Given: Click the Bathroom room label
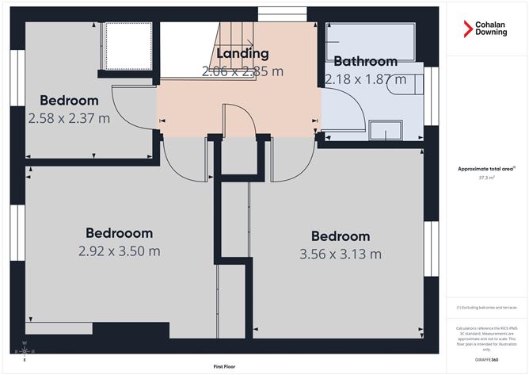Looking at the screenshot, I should click(x=365, y=61).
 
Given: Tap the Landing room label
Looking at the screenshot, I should click(x=242, y=54).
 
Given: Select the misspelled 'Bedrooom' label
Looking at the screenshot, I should click(x=120, y=233).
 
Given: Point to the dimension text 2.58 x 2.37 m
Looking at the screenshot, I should click(x=69, y=118).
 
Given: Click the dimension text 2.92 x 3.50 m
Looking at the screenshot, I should click(x=120, y=251).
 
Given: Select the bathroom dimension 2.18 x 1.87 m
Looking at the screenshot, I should click(x=365, y=78).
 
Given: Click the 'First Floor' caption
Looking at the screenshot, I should click(x=226, y=367).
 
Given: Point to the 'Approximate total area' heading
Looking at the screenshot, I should click(x=487, y=169).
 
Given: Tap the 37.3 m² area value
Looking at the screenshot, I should click(x=487, y=178).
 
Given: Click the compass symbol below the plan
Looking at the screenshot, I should click(x=25, y=350).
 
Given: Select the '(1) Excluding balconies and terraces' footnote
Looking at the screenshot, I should click(x=487, y=307).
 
